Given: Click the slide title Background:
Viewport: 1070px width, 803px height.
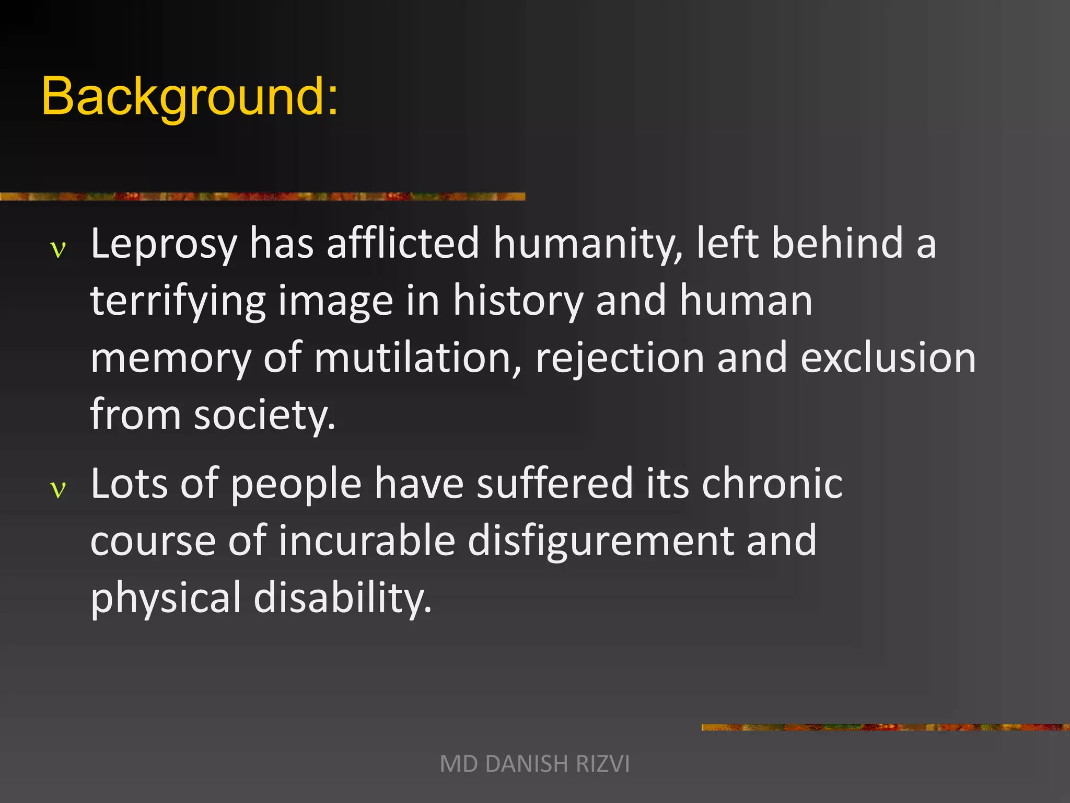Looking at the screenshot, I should (x=190, y=97).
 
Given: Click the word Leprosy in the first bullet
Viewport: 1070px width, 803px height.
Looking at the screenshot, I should (x=164, y=244).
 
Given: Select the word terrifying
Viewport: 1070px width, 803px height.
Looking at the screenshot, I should (x=178, y=302).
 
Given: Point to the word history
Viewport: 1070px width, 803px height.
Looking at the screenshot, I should (x=518, y=302).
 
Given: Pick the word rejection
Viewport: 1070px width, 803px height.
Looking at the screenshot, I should (x=620, y=359).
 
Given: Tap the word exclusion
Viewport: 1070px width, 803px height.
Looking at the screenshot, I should (x=888, y=359).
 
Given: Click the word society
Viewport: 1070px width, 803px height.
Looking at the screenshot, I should (x=264, y=416).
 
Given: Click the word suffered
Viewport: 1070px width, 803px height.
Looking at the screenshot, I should (x=555, y=484).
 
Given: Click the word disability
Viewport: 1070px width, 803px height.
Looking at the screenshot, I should (x=342, y=598).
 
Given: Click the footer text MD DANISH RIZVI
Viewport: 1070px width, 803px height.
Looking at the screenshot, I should (x=534, y=764).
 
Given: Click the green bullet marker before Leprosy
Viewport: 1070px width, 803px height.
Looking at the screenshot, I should (x=58, y=250).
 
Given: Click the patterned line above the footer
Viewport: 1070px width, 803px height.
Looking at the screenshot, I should (x=885, y=727).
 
